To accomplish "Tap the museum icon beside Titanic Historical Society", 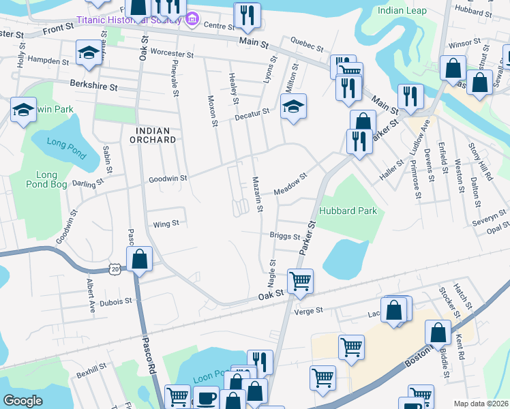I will pos(192,20).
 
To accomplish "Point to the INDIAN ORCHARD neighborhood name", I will pos(156,139).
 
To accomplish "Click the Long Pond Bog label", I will pos(51,179).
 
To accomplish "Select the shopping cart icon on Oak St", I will pos(300,280).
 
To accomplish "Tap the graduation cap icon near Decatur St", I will pos(293,107).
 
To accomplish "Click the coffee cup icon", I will pos(206,397).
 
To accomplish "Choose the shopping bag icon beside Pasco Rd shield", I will pos(139,259).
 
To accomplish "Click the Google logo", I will pos(22,401).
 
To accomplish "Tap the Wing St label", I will pos(166,223).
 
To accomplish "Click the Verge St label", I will pos(308,311).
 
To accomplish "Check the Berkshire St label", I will pos(94,87).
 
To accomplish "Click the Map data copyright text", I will pos(481,404).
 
